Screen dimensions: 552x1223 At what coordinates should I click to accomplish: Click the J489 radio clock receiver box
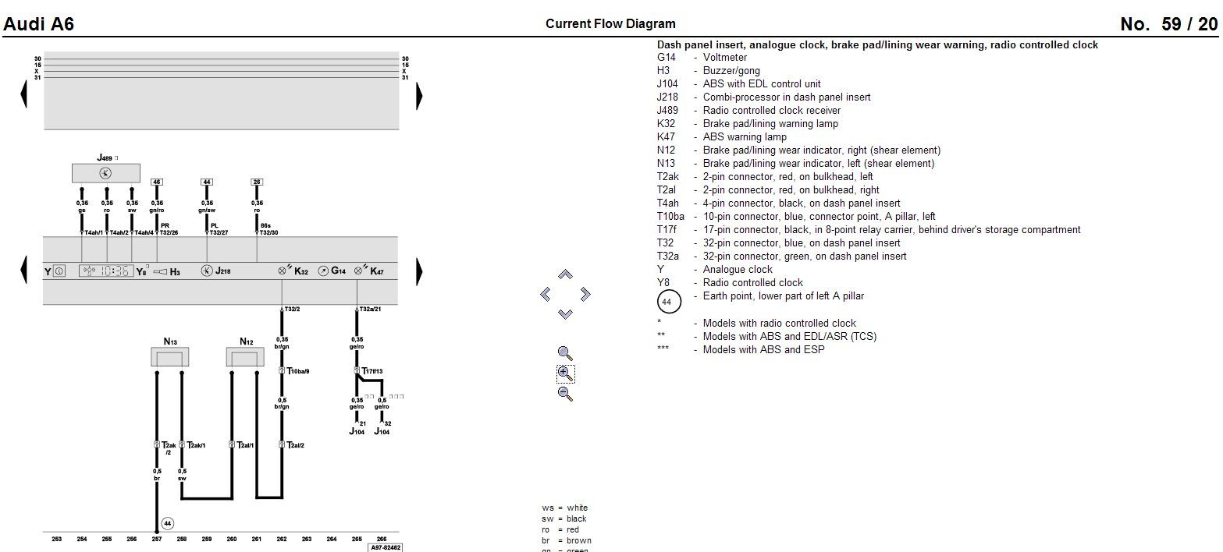105,173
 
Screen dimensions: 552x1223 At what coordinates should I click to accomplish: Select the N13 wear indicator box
169,357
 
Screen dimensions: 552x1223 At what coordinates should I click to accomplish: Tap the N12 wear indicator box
245,357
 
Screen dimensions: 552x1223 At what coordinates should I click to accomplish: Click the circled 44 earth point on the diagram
167,523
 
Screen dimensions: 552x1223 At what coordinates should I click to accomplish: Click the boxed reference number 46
157,182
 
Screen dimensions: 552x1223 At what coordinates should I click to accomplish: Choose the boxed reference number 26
257,182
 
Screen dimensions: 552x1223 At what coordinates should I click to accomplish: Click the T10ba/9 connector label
298,371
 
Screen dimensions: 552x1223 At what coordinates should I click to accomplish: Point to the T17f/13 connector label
372,371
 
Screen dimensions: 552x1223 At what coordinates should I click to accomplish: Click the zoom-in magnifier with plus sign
566,373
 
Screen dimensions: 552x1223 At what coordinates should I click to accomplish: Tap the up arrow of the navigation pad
566,274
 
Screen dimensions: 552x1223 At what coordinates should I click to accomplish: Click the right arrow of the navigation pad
585,294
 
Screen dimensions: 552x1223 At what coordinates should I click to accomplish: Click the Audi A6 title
39,24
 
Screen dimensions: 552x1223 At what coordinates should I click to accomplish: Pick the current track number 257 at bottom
157,539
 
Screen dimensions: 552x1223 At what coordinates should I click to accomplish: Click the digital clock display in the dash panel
105,271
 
